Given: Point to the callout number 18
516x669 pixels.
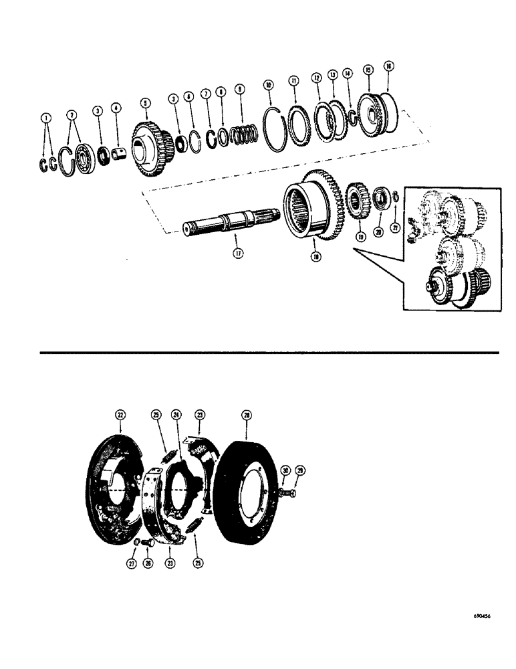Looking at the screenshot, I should click(x=315, y=256).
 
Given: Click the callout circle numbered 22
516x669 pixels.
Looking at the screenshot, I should click(x=120, y=415).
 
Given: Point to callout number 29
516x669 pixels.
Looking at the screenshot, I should click(x=300, y=472).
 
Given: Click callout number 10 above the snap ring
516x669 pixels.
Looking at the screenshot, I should click(x=269, y=85).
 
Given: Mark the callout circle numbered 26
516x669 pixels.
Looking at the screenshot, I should click(x=148, y=564).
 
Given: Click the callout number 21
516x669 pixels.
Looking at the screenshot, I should click(x=394, y=228).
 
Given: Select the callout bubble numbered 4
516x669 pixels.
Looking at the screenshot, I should click(x=116, y=108).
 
